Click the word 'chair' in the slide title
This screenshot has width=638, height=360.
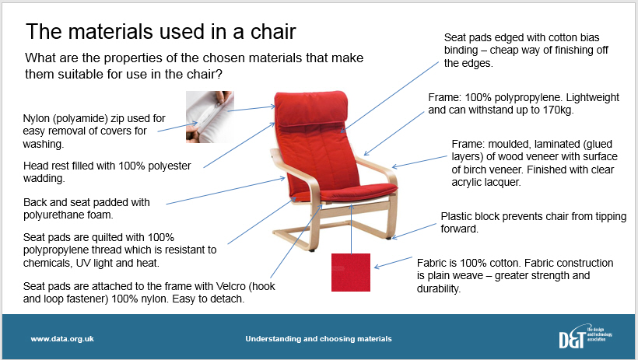pyautogui.click(x=273, y=31)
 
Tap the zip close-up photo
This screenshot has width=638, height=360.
pyautogui.click(x=210, y=117)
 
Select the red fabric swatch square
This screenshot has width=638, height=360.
pyautogui.click(x=351, y=273)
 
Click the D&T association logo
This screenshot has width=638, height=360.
pyautogui.click(x=586, y=337)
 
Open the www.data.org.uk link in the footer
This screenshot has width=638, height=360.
pyautogui.click(x=62, y=338)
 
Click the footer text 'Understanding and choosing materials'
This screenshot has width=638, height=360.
pyautogui.click(x=318, y=338)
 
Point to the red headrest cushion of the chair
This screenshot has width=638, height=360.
pyautogui.click(x=311, y=108)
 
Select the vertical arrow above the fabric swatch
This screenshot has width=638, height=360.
pyautogui.click(x=352, y=229)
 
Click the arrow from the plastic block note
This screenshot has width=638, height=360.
pyautogui.click(x=414, y=231)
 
